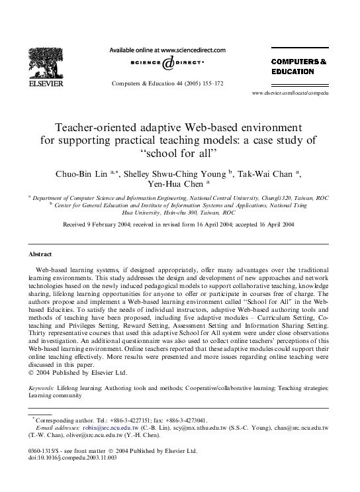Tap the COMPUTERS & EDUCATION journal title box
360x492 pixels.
[299, 65]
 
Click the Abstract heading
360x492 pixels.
[40, 254]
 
